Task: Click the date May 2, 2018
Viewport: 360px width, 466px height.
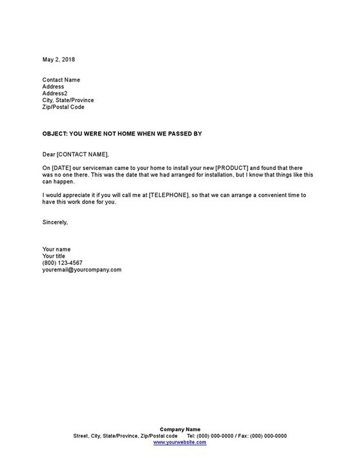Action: [58, 59]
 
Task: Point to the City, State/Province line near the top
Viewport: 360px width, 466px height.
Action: [68, 100]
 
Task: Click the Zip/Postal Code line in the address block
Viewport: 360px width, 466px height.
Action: [63, 107]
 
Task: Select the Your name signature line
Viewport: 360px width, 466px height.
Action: [57, 249]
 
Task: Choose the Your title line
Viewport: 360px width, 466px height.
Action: [55, 256]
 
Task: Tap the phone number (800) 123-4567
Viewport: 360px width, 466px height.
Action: [62, 262]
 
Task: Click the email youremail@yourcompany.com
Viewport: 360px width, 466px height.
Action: [82, 270]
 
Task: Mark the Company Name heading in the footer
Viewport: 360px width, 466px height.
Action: [180, 429]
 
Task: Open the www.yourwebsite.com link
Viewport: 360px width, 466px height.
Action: [180, 443]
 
